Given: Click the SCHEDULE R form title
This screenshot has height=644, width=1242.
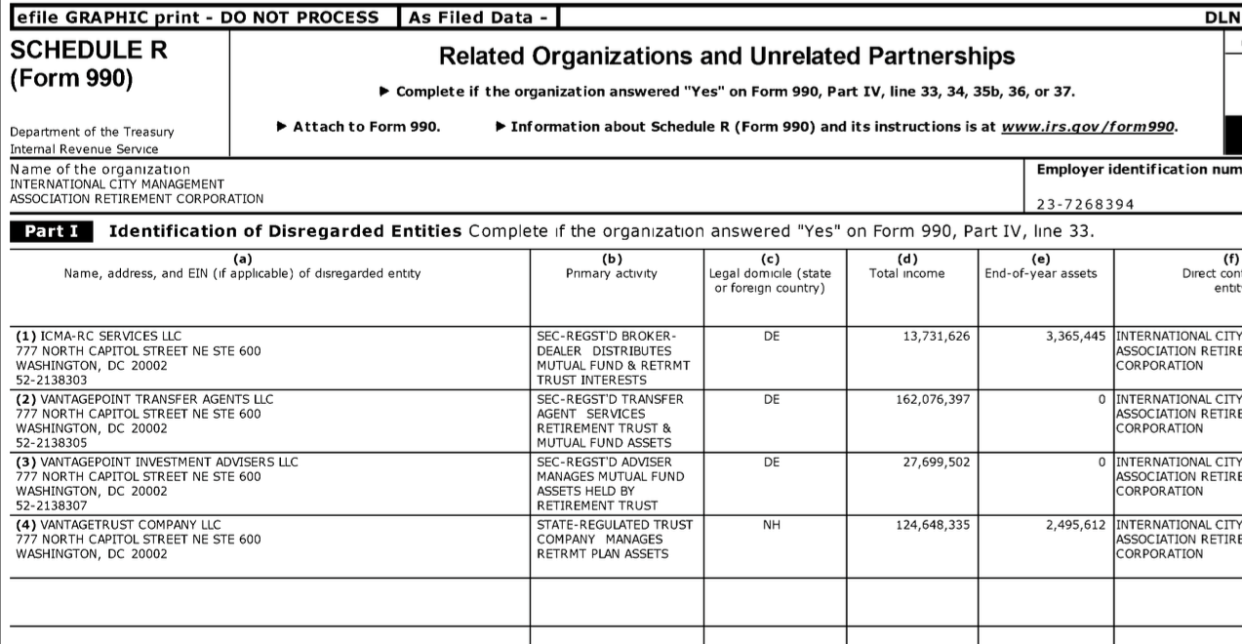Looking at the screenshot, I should (88, 52).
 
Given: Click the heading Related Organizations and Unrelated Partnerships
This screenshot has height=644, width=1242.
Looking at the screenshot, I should (727, 57).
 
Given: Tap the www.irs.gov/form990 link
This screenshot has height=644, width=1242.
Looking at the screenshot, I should (1088, 127).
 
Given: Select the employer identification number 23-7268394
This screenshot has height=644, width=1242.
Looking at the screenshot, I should (1085, 205).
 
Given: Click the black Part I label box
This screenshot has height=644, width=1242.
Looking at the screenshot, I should (52, 231).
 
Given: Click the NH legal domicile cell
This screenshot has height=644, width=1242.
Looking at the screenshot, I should (772, 525).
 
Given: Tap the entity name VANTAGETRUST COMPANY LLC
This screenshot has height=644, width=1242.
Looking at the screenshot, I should (119, 525).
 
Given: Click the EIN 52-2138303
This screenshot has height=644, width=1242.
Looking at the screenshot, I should (52, 381).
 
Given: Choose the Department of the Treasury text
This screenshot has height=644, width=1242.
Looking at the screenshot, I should (92, 132).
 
